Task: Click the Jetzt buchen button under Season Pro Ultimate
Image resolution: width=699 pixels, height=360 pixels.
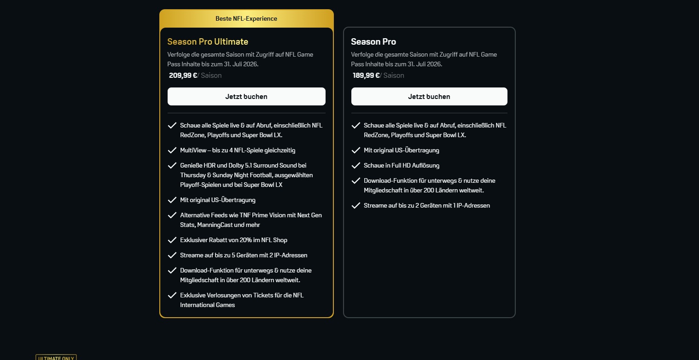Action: coord(246,97)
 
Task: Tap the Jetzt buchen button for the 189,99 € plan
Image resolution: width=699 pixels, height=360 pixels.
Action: coord(429,97)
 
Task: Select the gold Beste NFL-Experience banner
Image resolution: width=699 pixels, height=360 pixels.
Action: coord(246,18)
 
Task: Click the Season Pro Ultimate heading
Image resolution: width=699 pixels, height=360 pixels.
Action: coord(208,41)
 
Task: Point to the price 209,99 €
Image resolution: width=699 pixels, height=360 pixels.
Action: coord(183,75)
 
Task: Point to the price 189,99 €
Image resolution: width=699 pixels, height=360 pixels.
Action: coord(366,75)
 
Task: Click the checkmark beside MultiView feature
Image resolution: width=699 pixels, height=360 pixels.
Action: coord(172,150)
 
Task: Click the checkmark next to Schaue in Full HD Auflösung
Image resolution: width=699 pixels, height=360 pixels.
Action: coord(355,165)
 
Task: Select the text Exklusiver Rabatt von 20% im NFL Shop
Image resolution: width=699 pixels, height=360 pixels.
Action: coord(233,240)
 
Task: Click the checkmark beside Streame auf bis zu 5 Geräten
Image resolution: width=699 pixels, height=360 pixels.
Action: coord(172,255)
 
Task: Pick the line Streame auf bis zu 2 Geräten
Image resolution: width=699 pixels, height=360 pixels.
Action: coord(426,205)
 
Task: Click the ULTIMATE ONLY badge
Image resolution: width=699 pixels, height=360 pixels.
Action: coord(56,358)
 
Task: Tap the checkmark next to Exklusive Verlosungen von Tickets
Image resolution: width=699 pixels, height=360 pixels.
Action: coord(172,295)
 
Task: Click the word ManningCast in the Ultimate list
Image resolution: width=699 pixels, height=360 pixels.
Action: coord(231,225)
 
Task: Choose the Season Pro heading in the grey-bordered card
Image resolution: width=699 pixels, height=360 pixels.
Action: coord(373,41)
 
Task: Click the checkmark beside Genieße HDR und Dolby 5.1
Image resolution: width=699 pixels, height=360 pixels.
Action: coord(172,165)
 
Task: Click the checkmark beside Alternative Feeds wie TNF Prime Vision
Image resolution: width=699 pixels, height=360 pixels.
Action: coord(172,215)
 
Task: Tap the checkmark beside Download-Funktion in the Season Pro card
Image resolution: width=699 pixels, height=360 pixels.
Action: coord(355,180)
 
